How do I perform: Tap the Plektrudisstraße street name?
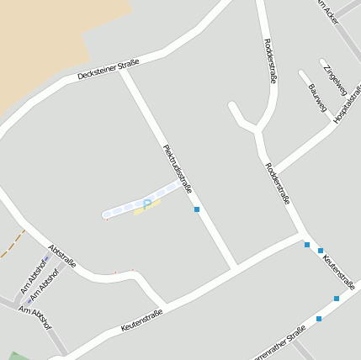[178, 168]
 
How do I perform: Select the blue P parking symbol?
[147, 204]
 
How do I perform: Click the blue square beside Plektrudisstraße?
[197, 209]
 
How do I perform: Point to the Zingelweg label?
[334, 77]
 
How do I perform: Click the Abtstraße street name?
[62, 256]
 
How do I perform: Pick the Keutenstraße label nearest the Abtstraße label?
[141, 318]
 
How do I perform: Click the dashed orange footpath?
[12, 244]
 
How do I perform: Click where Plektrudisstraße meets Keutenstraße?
[235, 268]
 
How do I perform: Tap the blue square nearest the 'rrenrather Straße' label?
[319, 318]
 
